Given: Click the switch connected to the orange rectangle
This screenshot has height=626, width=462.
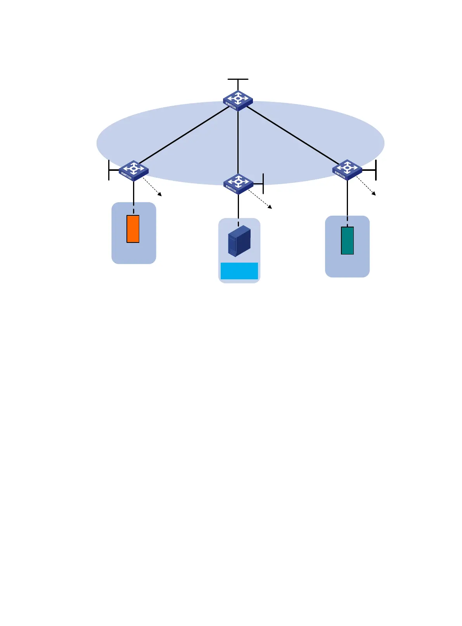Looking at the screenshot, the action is pyautogui.click(x=133, y=170).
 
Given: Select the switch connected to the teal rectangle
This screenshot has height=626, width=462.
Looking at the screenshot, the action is pyautogui.click(x=347, y=169).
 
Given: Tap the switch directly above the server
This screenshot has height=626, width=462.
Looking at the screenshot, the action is pyautogui.click(x=238, y=184).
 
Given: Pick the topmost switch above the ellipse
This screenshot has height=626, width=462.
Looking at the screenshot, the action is pyautogui.click(x=238, y=100).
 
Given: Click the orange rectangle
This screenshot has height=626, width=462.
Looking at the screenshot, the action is pyautogui.click(x=133, y=229).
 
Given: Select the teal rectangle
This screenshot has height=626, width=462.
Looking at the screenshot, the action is pyautogui.click(x=347, y=241).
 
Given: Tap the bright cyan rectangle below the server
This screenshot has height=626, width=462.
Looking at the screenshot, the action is pyautogui.click(x=239, y=271).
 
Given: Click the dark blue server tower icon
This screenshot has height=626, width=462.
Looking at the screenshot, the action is pyautogui.click(x=239, y=241).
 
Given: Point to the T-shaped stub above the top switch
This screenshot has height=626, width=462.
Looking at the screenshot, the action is pyautogui.click(x=238, y=80).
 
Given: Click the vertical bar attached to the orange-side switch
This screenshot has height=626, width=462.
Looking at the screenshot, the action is pyautogui.click(x=109, y=170).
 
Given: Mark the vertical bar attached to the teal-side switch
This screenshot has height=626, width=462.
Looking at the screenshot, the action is pyautogui.click(x=376, y=170).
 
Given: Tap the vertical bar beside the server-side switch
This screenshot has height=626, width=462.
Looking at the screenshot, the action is pyautogui.click(x=263, y=184).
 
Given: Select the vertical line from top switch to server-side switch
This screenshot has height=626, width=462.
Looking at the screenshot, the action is pyautogui.click(x=238, y=143).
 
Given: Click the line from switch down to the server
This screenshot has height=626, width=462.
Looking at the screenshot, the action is pyautogui.click(x=238, y=207).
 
